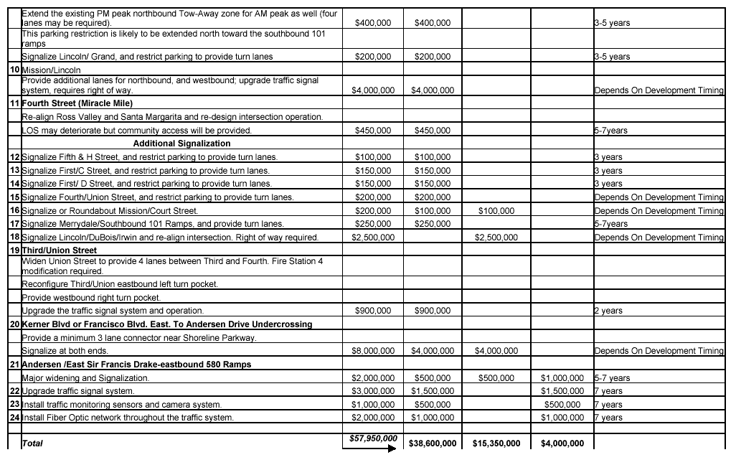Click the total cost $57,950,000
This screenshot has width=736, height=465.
point(373,438)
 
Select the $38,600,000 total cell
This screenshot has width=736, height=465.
point(433,443)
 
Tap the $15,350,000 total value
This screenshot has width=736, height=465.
point(496,443)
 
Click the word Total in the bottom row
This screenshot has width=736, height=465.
point(32,443)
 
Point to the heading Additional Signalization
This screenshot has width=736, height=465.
point(181,144)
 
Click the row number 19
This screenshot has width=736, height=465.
point(14,250)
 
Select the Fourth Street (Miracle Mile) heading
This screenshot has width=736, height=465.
point(77,103)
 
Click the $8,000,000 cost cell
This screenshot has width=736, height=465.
point(373,351)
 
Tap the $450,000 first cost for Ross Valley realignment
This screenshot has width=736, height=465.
point(373,131)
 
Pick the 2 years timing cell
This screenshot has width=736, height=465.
point(608,311)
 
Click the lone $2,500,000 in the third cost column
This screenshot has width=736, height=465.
point(496,238)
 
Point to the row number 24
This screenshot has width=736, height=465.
point(14,418)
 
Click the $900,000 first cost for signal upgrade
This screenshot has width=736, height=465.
point(373,311)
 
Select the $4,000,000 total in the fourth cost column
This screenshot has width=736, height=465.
point(562,443)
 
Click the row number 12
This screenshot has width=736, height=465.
point(14,157)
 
